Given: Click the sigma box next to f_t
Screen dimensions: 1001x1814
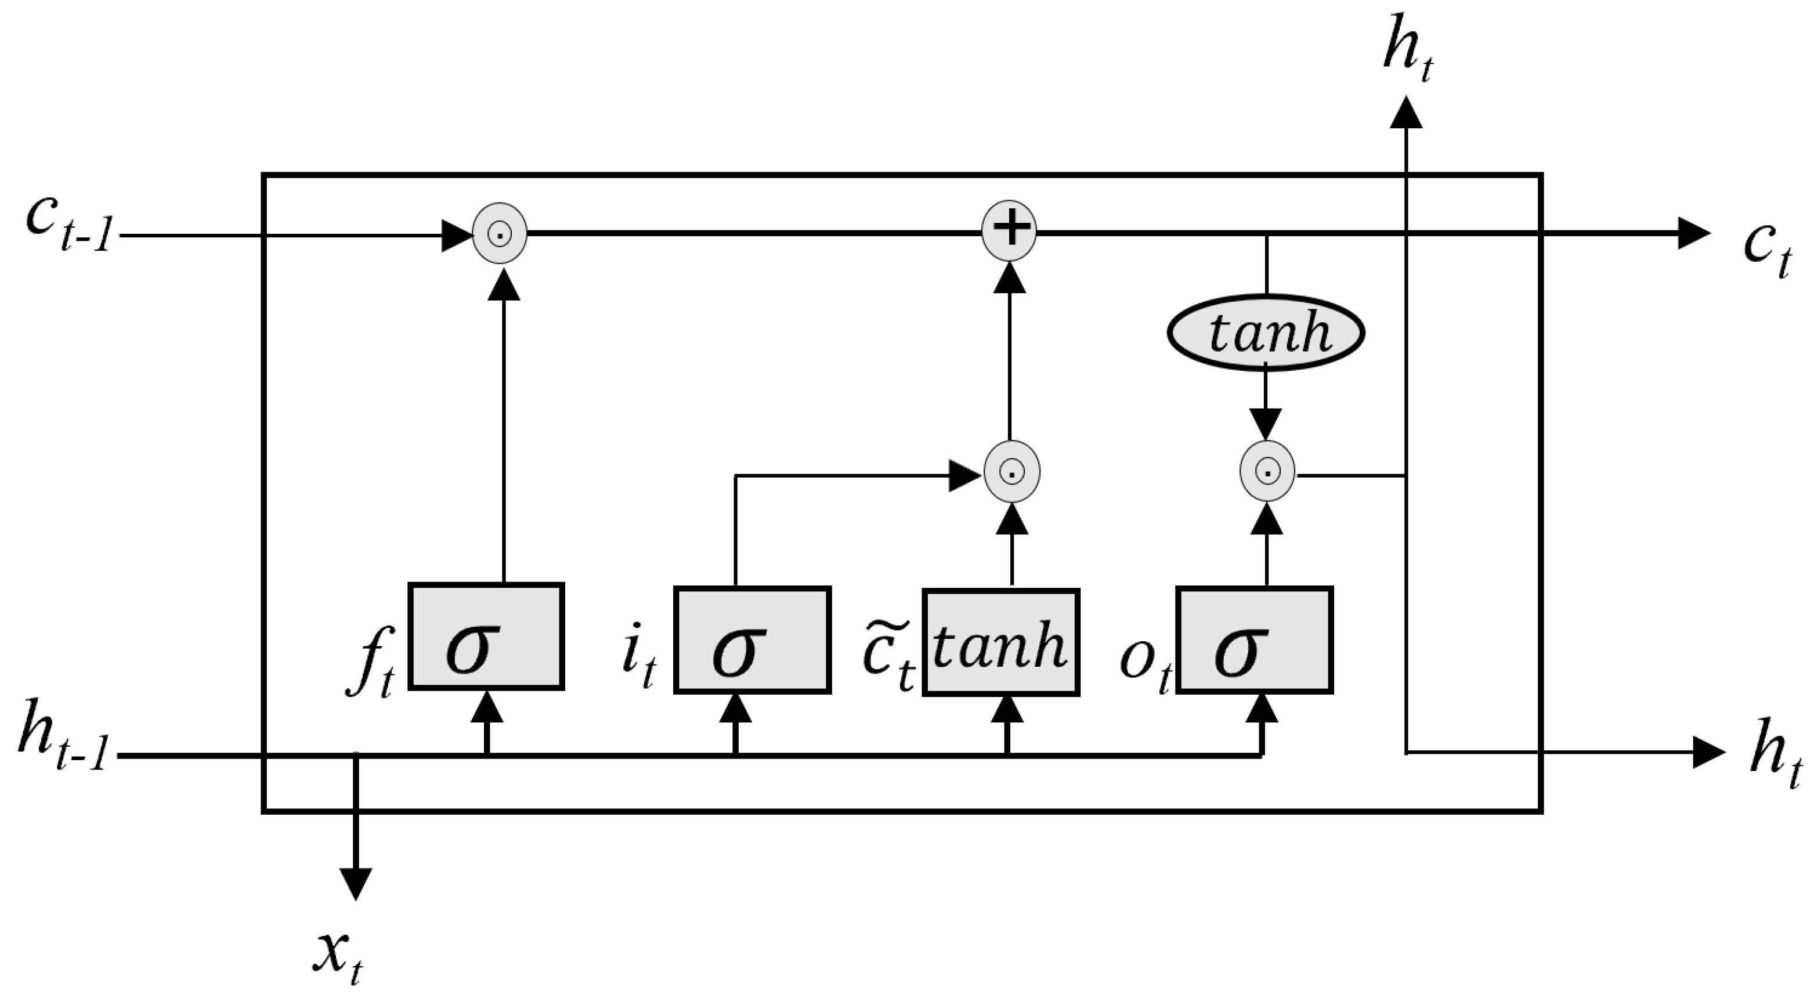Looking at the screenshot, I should [486, 637].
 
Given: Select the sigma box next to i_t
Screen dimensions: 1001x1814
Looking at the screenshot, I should [752, 639].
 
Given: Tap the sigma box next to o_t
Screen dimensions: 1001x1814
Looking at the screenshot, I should [1254, 639].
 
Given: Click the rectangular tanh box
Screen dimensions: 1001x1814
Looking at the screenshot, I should [1000, 642].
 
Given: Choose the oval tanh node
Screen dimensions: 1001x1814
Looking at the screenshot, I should [1266, 333].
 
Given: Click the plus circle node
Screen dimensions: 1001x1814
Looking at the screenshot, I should [1009, 230].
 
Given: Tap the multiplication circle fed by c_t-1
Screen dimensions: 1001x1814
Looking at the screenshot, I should [499, 233].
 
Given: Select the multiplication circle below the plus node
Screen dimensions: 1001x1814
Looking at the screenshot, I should [1011, 471].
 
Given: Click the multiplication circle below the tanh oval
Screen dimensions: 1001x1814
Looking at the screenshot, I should [1267, 471].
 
